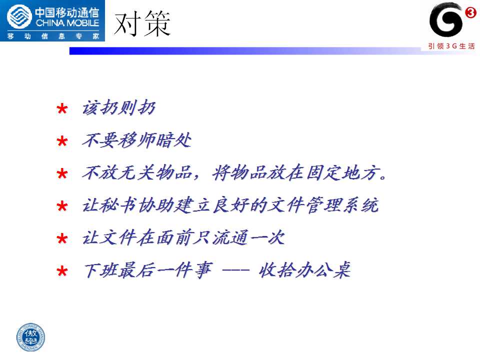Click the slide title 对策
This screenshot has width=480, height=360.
click(x=142, y=23)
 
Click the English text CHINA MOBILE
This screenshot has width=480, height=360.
click(x=67, y=23)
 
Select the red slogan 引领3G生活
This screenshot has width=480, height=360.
click(x=451, y=46)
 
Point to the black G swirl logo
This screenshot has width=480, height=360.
click(x=445, y=19)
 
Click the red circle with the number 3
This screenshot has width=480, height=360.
click(x=470, y=12)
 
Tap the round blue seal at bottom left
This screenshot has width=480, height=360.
click(x=30, y=337)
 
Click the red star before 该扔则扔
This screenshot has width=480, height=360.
click(x=62, y=108)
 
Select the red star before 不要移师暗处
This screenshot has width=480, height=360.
click(x=62, y=141)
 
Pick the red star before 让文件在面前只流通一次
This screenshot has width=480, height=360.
click(x=62, y=238)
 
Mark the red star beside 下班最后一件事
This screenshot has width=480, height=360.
click(x=62, y=271)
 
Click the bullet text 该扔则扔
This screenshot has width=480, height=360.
click(x=119, y=107)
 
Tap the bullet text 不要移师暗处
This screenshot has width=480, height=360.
click(x=137, y=140)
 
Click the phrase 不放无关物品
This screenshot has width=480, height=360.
click(x=137, y=172)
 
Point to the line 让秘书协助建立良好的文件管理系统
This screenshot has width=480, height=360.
click(x=230, y=205)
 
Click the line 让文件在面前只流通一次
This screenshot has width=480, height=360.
click(x=183, y=237)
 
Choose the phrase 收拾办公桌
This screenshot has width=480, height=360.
click(x=304, y=270)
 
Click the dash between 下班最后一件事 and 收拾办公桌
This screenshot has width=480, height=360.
click(x=235, y=270)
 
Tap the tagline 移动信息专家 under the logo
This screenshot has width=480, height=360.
click(x=53, y=36)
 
